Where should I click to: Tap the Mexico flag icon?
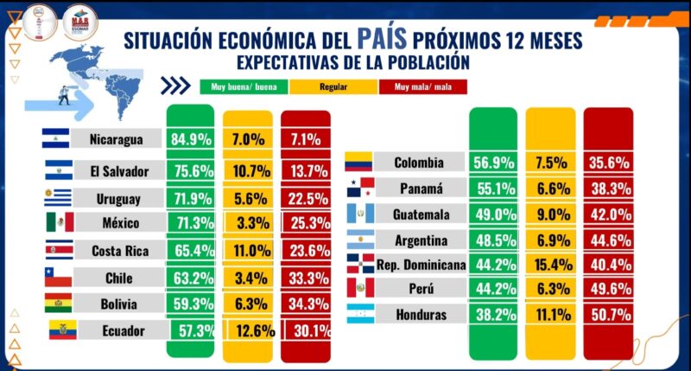[x=60, y=222]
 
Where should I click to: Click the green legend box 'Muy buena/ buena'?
[x=243, y=86]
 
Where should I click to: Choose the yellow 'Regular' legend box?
[x=333, y=86]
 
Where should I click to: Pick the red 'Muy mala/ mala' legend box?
[x=424, y=86]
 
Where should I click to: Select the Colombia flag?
[x=358, y=161]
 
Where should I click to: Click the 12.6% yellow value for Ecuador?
[x=254, y=330]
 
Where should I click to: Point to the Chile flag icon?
[x=60, y=278]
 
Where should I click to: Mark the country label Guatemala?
[x=422, y=214]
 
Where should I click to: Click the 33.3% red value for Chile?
[x=306, y=278]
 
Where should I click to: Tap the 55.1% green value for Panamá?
[x=493, y=188]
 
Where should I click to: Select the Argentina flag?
[x=358, y=240]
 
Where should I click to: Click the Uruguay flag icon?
[x=60, y=196]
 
